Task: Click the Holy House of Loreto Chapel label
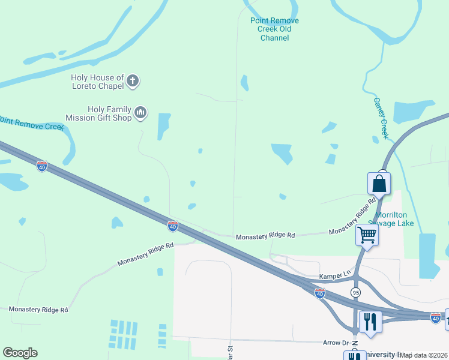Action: pyautogui.click(x=97, y=82)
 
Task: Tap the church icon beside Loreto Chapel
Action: pyautogui.click(x=133, y=80)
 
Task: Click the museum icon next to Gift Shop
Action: pyautogui.click(x=140, y=112)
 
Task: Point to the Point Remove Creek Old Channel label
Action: pyautogui.click(x=274, y=29)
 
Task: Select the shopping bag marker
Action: pyautogui.click(x=379, y=183)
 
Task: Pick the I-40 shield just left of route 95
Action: pyautogui.click(x=320, y=292)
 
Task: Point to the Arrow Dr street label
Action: pyautogui.click(x=336, y=343)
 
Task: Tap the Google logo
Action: pyautogui.click(x=20, y=353)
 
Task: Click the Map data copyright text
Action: pyautogui.click(x=423, y=355)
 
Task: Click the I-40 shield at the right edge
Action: pyautogui.click(x=436, y=317)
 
